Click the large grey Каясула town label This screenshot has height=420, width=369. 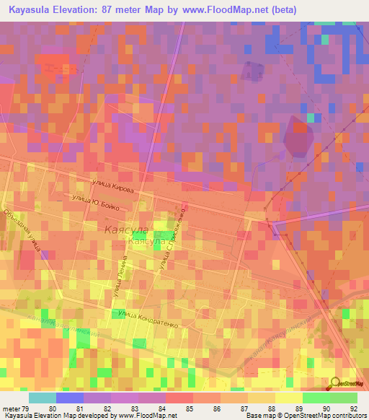[125, 229]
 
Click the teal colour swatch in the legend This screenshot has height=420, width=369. [43, 398]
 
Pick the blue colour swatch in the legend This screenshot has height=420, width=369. [70, 398]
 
